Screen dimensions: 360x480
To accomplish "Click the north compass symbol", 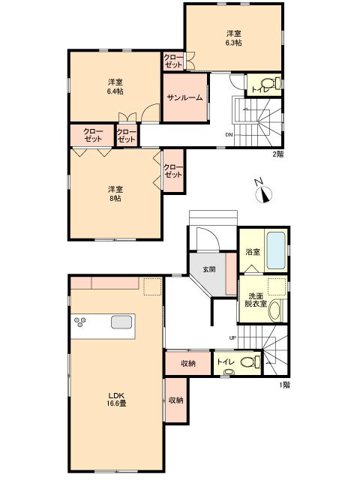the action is (263, 193).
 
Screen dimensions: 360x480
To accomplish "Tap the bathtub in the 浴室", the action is (277, 250).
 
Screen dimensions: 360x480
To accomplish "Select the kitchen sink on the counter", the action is (121, 322).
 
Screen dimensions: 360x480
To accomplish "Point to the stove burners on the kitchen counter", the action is (80, 322).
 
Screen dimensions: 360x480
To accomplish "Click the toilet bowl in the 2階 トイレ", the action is (268, 83).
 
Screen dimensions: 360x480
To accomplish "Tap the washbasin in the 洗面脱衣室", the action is (274, 310).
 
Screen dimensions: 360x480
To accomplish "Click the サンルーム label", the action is (185, 97).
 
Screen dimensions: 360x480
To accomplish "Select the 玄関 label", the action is (209, 269).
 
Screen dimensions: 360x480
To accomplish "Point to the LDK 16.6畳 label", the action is (117, 399).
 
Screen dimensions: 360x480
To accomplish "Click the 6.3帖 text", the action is (234, 43).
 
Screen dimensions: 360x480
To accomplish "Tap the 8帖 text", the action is (115, 198).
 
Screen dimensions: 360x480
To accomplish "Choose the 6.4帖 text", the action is (115, 91).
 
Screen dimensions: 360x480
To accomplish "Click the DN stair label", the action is (229, 134).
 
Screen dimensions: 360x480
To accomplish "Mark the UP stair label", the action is (232, 338).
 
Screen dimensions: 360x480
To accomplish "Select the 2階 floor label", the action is (278, 154).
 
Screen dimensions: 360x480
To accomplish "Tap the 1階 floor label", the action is (284, 385).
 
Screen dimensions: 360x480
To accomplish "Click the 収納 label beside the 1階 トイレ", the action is (188, 363).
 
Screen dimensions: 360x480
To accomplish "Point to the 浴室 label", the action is (253, 252).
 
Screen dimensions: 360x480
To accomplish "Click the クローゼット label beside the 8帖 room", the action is (173, 171).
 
